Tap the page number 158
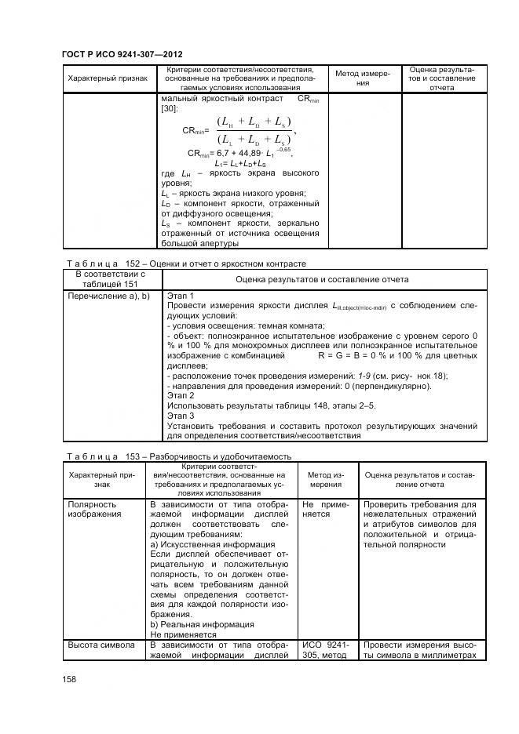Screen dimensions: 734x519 point(70,679)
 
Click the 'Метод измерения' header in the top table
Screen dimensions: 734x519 point(362,78)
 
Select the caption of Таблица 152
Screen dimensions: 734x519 point(183,263)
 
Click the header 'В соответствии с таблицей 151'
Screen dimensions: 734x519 point(111,280)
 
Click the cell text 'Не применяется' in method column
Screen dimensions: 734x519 point(325,509)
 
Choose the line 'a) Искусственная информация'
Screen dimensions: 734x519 point(212,544)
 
